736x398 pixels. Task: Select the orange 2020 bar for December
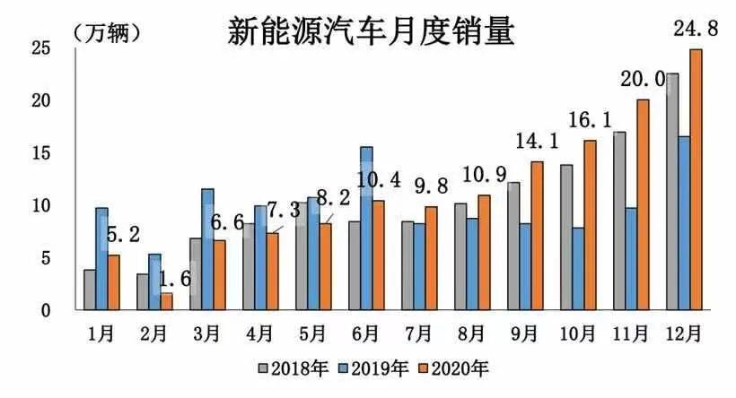click(x=695, y=179)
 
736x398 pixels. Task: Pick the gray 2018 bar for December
click(x=672, y=192)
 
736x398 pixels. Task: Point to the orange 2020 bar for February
click(x=166, y=301)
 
